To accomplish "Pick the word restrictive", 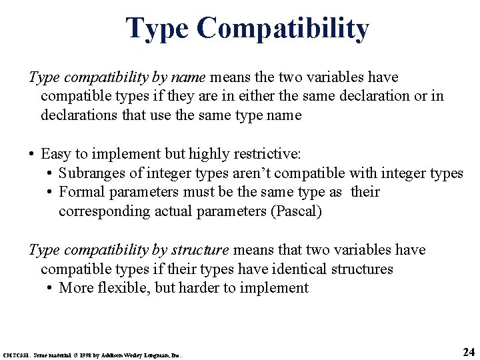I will (x=269, y=155).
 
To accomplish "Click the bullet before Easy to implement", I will (x=31, y=155).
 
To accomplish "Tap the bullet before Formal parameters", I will (x=50, y=193).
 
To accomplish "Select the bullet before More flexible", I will (x=50, y=288).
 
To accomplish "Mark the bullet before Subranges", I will (x=50, y=173).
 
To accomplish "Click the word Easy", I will (x=55, y=155).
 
